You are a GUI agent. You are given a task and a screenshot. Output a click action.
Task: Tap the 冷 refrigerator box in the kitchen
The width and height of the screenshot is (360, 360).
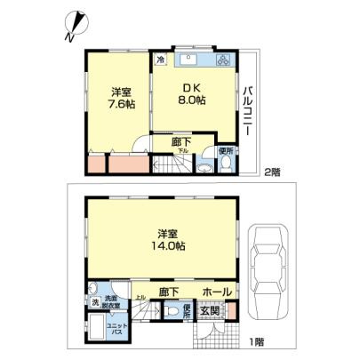(160, 60)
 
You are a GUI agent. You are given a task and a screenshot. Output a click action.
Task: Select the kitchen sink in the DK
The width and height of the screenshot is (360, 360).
(189, 61)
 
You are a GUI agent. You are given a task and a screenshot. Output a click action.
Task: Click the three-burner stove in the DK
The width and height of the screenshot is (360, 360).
(223, 61)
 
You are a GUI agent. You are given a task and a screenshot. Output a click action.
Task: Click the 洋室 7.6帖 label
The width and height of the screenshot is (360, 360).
(124, 98)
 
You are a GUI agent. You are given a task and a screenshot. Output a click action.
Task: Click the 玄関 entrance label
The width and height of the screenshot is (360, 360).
(209, 310)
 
